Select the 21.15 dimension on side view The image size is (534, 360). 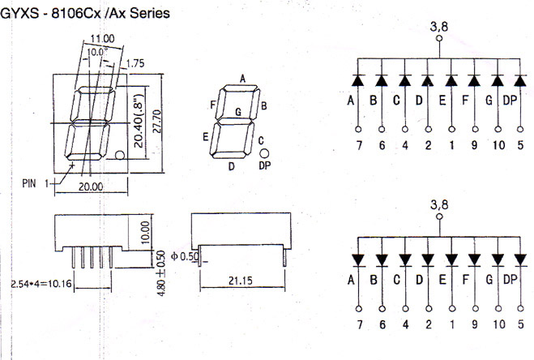[x=239, y=281]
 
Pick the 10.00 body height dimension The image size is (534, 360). [x=144, y=233]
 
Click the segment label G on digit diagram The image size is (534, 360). [x=237, y=110]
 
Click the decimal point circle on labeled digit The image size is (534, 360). [x=265, y=152]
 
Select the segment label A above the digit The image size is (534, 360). [x=242, y=78]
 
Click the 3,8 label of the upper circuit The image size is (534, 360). [x=438, y=26]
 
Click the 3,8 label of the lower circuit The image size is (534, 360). [x=438, y=206]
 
